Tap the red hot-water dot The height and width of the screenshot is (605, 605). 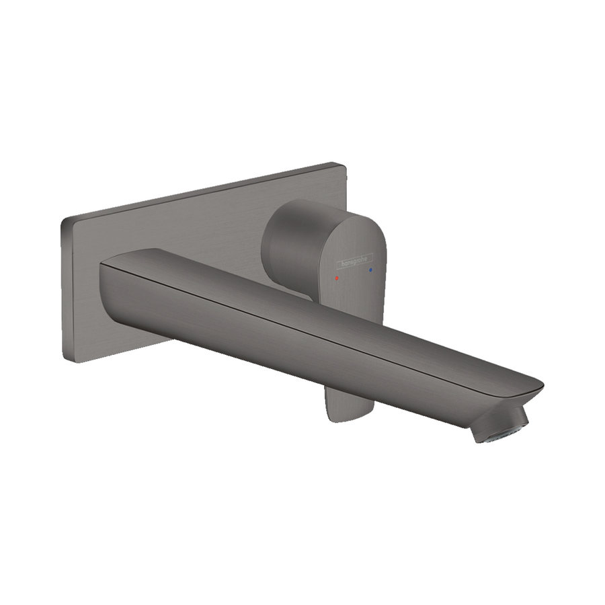point(338,277)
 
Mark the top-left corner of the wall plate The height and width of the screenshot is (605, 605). point(63,219)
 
